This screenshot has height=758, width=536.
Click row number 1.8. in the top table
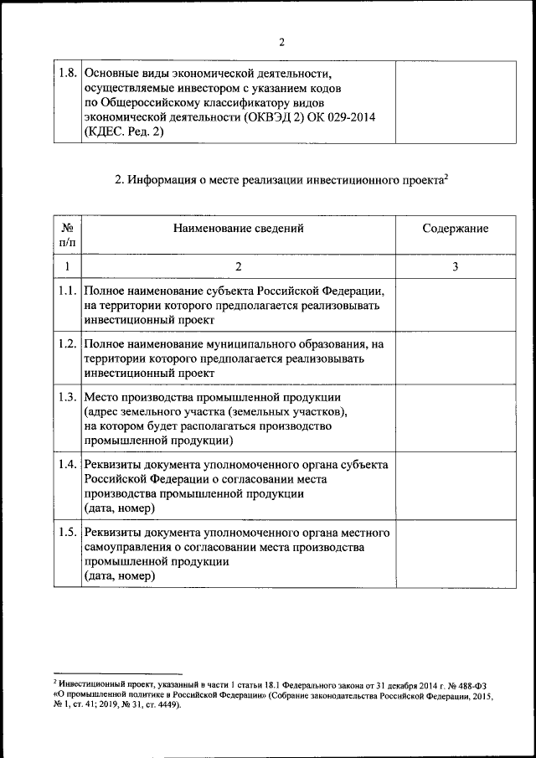coord(68,73)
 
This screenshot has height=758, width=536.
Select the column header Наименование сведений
coord(238,228)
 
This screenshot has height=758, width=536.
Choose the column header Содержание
coord(455,229)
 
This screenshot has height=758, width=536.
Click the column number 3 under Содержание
coord(455,266)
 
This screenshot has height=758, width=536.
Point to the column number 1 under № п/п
coord(68,266)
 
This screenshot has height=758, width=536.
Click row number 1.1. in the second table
coord(68,291)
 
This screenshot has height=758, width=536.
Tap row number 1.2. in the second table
coord(68,344)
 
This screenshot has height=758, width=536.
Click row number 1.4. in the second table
coord(68,464)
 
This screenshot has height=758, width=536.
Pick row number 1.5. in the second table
coord(68,533)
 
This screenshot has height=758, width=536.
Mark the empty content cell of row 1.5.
coord(455,555)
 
